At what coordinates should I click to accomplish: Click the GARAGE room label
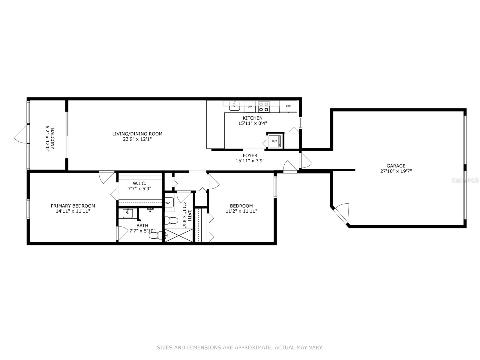[x=396, y=166]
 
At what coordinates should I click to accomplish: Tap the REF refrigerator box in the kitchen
[x=288, y=106]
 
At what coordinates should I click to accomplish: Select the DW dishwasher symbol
[x=250, y=106]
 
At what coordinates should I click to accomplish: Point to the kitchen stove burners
[x=264, y=107]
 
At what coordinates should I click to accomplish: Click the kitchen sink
[x=234, y=106]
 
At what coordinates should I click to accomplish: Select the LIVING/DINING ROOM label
[x=137, y=134]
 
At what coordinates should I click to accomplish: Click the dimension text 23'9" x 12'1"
[x=137, y=139]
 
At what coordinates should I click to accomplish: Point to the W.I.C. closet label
[x=139, y=183]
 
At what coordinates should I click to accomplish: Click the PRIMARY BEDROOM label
[x=73, y=206]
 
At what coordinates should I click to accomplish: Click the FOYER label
[x=250, y=155]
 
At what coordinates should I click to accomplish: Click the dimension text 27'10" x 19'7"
[x=396, y=171]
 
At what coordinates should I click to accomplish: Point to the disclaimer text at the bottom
[x=240, y=348]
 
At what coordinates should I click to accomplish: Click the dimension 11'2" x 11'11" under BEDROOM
[x=241, y=211]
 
